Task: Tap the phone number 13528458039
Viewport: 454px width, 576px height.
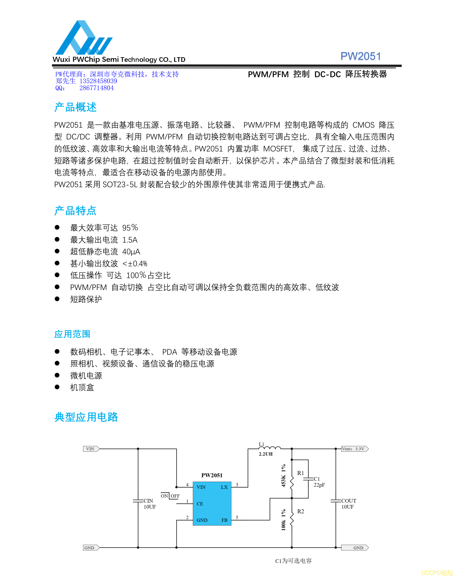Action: (x=98, y=81)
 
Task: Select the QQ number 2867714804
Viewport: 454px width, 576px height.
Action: (x=96, y=88)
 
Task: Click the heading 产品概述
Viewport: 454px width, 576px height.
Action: (x=75, y=107)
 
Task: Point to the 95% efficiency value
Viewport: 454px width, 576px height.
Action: (x=130, y=228)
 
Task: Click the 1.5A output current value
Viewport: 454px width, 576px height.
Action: (x=130, y=240)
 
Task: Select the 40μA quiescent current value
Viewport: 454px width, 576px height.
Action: (x=131, y=251)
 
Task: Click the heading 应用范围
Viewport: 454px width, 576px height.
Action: (x=72, y=334)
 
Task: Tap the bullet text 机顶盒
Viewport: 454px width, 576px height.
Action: (x=82, y=387)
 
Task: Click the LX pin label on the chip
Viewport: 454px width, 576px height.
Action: (x=224, y=487)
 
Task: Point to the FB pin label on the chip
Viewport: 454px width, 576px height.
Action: (x=224, y=520)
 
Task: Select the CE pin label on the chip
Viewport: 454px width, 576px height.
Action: (x=200, y=504)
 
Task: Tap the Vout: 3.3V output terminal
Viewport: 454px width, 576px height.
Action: (x=355, y=449)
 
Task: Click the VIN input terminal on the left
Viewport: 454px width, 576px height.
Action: (x=91, y=449)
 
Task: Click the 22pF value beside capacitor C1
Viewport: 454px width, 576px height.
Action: (x=319, y=485)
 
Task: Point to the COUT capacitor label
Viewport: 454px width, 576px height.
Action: (x=349, y=501)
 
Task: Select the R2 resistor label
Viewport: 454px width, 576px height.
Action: (x=300, y=511)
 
